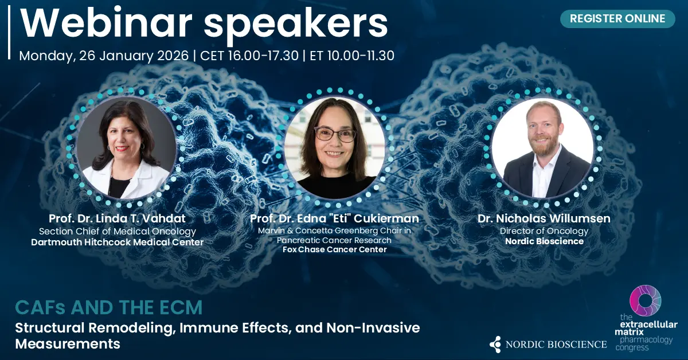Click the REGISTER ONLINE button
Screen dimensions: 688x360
point(617,19)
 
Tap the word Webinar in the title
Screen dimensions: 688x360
point(106,24)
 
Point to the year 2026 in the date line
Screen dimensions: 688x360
point(173,56)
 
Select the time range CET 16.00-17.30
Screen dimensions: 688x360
point(249,56)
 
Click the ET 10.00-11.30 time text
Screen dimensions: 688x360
point(352,56)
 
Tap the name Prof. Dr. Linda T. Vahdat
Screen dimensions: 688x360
point(117,218)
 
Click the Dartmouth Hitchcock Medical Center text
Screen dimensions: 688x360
point(118,242)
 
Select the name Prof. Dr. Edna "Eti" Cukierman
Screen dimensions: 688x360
point(334,218)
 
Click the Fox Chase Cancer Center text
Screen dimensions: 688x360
point(334,249)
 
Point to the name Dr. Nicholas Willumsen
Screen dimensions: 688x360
point(544,218)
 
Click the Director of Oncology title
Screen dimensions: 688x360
point(544,231)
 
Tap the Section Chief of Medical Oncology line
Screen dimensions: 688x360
point(118,231)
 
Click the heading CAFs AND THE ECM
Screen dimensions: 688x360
point(109,307)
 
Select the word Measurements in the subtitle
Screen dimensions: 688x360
point(68,344)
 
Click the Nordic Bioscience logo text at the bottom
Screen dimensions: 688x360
point(556,345)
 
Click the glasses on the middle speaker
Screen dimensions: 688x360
point(335,135)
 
